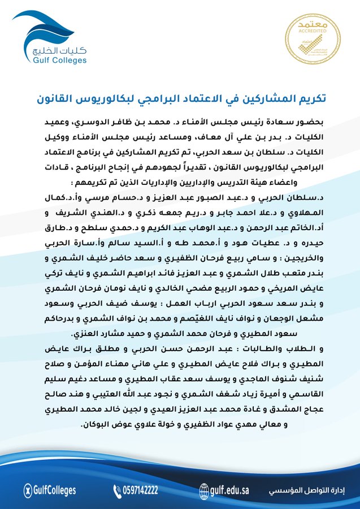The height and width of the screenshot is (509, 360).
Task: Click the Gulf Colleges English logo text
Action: click(x=59, y=59)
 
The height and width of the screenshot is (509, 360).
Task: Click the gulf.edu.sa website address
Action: click(x=229, y=490)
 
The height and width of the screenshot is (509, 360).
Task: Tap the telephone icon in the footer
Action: click(x=118, y=490)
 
